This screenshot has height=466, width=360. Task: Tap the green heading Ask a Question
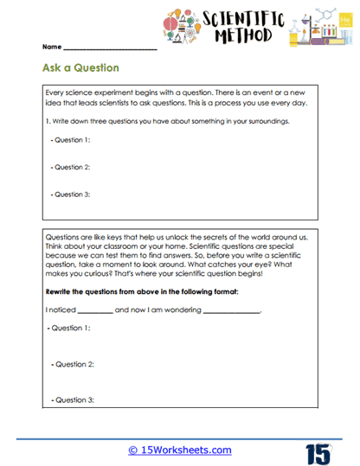click(x=80, y=67)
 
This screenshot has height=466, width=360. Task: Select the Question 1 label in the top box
click(x=72, y=139)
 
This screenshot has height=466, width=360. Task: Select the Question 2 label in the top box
click(x=72, y=167)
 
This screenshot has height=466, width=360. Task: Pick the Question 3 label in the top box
click(x=72, y=195)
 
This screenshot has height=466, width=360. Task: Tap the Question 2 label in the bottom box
click(x=72, y=365)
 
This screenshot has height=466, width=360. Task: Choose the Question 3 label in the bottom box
click(x=72, y=399)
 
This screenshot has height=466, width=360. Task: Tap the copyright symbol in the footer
click(x=133, y=450)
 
